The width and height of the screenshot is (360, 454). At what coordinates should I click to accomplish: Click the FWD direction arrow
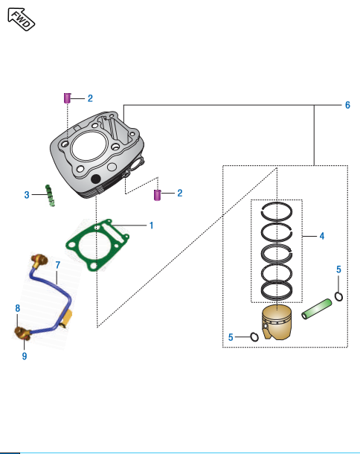pos(21,19)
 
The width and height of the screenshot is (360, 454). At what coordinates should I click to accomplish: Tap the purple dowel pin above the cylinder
pos(67,98)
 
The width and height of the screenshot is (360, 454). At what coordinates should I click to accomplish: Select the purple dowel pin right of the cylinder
pos(157,195)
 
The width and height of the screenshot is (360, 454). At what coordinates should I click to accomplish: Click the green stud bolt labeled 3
pos(50,196)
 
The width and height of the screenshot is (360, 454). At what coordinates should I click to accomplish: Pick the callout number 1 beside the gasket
pos(151,226)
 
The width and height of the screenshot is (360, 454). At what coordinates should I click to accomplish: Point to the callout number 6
pos(347,105)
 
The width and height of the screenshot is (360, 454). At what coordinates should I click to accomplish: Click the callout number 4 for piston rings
pos(322,236)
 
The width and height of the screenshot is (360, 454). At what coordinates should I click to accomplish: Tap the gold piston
pos(277,322)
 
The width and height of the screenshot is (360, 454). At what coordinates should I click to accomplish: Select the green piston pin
pos(317,309)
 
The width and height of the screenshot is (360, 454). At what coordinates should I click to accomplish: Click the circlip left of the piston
pos(254,336)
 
